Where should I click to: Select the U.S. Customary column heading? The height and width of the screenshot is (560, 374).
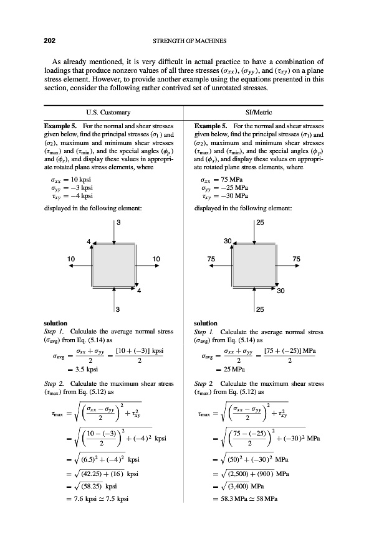tap(110, 112)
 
